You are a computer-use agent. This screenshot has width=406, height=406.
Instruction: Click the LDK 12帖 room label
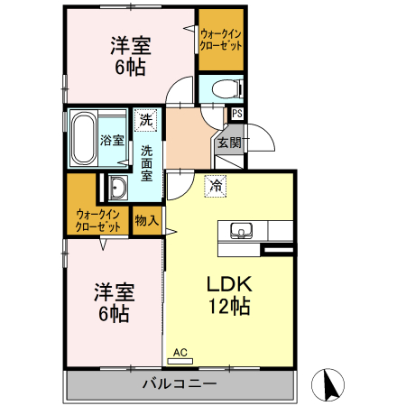click(229, 294)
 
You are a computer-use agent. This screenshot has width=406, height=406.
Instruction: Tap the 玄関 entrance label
click(228, 143)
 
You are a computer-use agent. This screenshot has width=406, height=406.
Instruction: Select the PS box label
click(236, 114)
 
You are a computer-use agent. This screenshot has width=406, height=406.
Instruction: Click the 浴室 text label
click(113, 140)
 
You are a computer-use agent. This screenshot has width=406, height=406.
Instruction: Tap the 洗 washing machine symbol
click(146, 117)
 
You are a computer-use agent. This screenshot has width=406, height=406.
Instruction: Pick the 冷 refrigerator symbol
click(216, 185)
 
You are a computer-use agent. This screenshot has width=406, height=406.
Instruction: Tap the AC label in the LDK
click(179, 352)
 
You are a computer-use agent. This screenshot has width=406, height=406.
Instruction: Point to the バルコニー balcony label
click(180, 384)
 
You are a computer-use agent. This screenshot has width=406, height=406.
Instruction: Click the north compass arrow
click(330, 385)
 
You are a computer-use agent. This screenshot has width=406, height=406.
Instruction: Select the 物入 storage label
click(146, 219)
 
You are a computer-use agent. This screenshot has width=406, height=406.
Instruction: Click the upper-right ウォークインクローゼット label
click(221, 40)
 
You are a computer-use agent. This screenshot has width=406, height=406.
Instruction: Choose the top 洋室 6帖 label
click(128, 56)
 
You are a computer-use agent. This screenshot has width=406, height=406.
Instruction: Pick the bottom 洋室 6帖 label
click(115, 302)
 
